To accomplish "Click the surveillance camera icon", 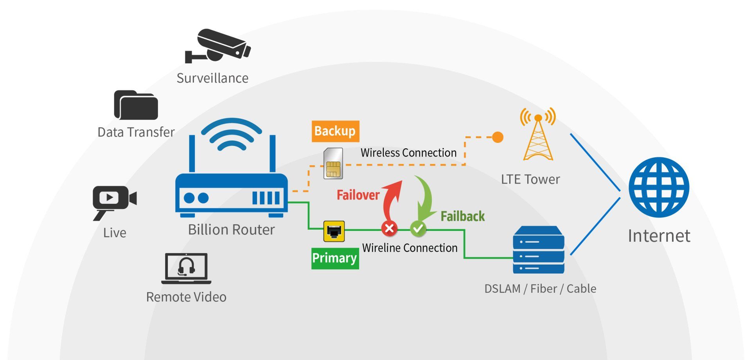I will [x=218, y=46].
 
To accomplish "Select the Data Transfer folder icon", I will [x=136, y=105].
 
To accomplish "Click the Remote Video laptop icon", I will [x=186, y=268].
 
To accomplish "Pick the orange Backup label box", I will [x=335, y=131].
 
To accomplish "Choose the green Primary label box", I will [x=335, y=258].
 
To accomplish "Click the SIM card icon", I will [x=333, y=164].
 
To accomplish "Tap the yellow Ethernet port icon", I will [x=334, y=231].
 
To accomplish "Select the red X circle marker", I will [x=389, y=228].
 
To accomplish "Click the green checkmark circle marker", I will [x=418, y=228].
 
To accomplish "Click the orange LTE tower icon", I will [x=538, y=135].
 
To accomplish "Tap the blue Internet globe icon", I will [x=659, y=187].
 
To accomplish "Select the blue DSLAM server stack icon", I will [x=539, y=250].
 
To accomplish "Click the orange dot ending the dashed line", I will [x=498, y=137].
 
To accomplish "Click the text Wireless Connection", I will [x=408, y=153].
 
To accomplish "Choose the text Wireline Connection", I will [x=410, y=248].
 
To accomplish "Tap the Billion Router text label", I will [x=231, y=230].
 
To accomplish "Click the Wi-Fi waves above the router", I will [x=232, y=135].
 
